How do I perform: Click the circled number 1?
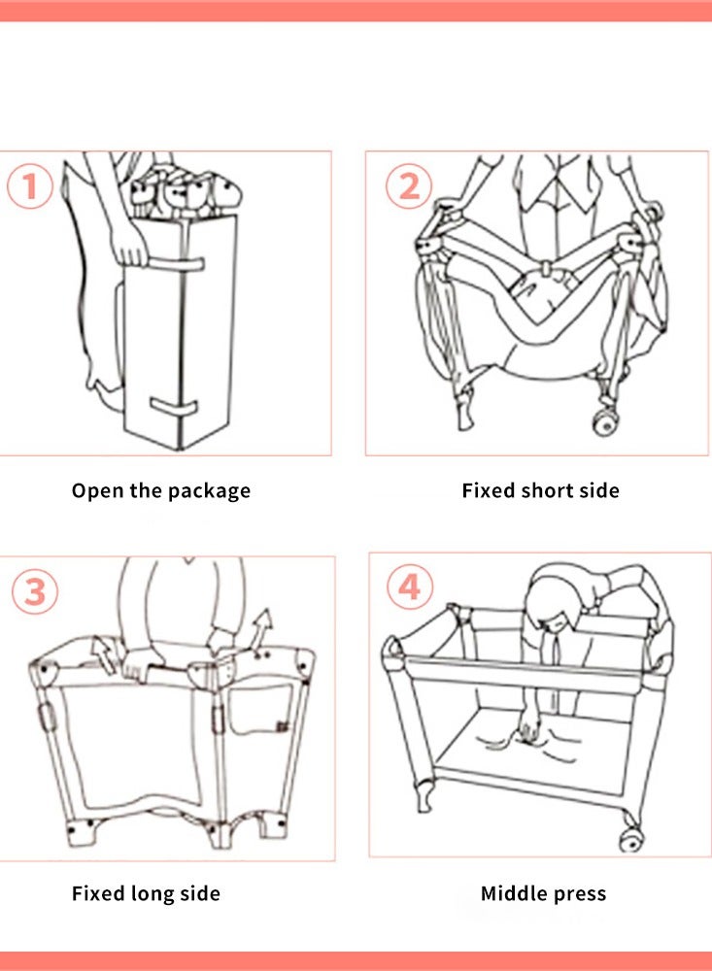30,186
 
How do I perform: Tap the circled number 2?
409,185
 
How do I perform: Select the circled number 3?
35,591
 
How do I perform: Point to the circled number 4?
410,588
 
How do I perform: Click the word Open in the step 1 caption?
97,490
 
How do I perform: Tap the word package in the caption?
208,491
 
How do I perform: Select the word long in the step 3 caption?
153,893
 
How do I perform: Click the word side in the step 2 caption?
599,490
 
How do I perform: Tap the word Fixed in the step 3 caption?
102,893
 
